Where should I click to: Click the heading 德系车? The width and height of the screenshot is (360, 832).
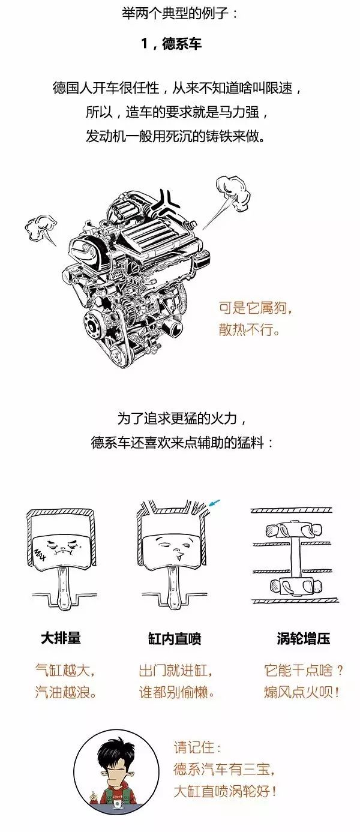coord(182,44)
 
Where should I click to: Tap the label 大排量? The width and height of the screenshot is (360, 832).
coord(61,638)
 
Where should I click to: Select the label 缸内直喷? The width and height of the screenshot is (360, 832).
coord(174,638)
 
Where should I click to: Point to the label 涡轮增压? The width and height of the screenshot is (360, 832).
coord(303,638)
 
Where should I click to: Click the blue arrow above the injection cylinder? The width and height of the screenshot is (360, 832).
coord(215,503)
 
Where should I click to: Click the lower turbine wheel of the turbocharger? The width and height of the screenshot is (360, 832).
coord(294,585)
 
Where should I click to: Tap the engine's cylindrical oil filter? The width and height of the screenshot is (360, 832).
coord(173,326)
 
